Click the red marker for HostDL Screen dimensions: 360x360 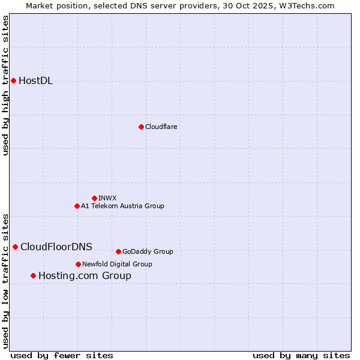(x=13, y=80)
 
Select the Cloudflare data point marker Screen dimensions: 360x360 (x=141, y=127)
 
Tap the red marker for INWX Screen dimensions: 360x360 (x=94, y=198)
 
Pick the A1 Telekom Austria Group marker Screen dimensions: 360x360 (x=77, y=206)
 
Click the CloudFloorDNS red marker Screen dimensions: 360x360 (x=15, y=247)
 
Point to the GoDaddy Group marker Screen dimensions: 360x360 (x=118, y=251)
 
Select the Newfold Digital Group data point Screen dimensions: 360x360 (x=78, y=264)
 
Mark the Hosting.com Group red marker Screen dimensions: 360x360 (x=33, y=275)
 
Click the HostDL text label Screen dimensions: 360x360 (x=36, y=81)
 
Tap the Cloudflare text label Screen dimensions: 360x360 (x=161, y=127)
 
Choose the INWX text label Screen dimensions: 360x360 (x=107, y=198)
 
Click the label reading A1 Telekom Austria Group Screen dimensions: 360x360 (x=122, y=206)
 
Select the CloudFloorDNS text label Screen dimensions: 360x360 (x=56, y=247)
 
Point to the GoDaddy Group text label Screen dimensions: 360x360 (x=148, y=251)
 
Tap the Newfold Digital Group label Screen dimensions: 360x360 (x=117, y=264)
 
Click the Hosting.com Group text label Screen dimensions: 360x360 (x=85, y=276)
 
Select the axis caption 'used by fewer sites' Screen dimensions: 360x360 (x=62, y=355)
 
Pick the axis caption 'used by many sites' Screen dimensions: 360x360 (x=301, y=355)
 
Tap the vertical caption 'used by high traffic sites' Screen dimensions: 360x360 (x=5, y=85)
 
